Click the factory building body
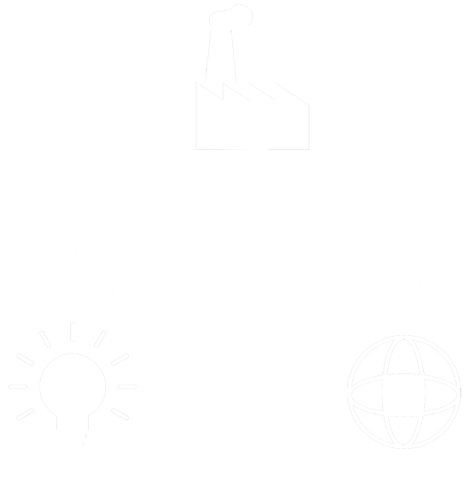click(252, 125)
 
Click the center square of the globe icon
click(404, 390)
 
